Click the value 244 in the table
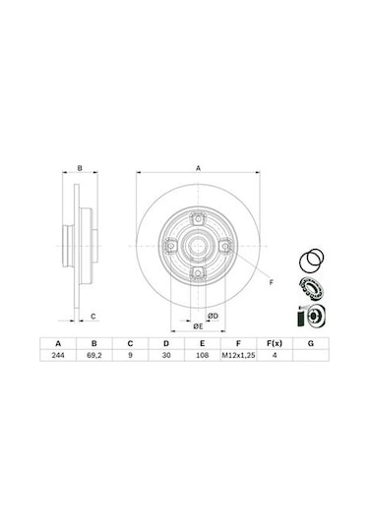[58, 355]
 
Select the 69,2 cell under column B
[94, 355]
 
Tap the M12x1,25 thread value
[238, 355]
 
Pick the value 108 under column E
[202, 355]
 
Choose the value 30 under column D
[166, 355]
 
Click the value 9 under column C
[130, 355]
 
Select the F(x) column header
[275, 343]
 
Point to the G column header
[311, 343]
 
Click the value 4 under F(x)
[275, 355]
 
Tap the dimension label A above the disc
[198, 168]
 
